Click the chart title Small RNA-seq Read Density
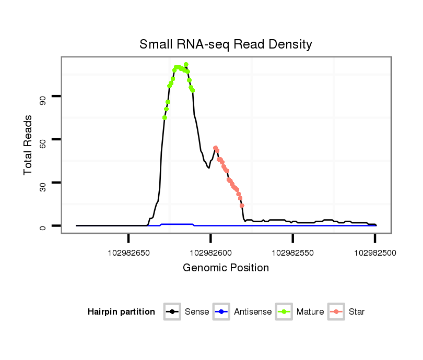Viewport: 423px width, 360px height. [x=226, y=44]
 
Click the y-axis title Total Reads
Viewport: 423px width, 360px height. [x=29, y=145]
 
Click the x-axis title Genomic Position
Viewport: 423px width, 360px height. [x=226, y=268]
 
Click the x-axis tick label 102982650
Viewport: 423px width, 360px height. [x=128, y=253]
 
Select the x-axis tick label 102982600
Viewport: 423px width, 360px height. [x=210, y=253]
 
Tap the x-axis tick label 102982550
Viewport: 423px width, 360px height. [x=292, y=253]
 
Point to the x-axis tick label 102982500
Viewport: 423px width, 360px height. [x=374, y=253]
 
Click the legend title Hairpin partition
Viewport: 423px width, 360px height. [x=121, y=312]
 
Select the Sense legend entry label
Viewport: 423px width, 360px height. [x=197, y=312]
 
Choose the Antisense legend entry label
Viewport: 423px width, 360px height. [x=253, y=312]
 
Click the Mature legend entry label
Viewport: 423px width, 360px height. [x=310, y=312]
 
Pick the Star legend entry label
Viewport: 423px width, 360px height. [x=357, y=312]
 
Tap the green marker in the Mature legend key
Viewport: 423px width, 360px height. [x=285, y=312]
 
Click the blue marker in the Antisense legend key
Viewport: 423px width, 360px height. [x=222, y=312]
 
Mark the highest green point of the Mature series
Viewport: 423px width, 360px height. [x=186, y=64]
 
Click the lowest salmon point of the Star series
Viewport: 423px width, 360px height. [x=242, y=206]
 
